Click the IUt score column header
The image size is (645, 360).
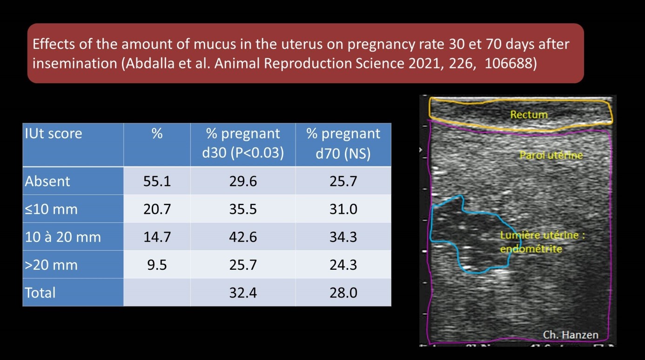53,134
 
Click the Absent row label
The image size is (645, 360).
47,181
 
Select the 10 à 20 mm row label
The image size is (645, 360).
62,237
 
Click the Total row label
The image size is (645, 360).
40,293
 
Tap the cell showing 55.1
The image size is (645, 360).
157,181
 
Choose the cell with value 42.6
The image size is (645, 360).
243,237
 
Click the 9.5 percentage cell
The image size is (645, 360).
157,265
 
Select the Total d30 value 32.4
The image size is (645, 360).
243,293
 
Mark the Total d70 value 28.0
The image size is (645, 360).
343,293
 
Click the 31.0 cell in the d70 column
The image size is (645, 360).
343,209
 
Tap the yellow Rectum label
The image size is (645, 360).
529,114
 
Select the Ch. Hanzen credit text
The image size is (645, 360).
570,334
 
